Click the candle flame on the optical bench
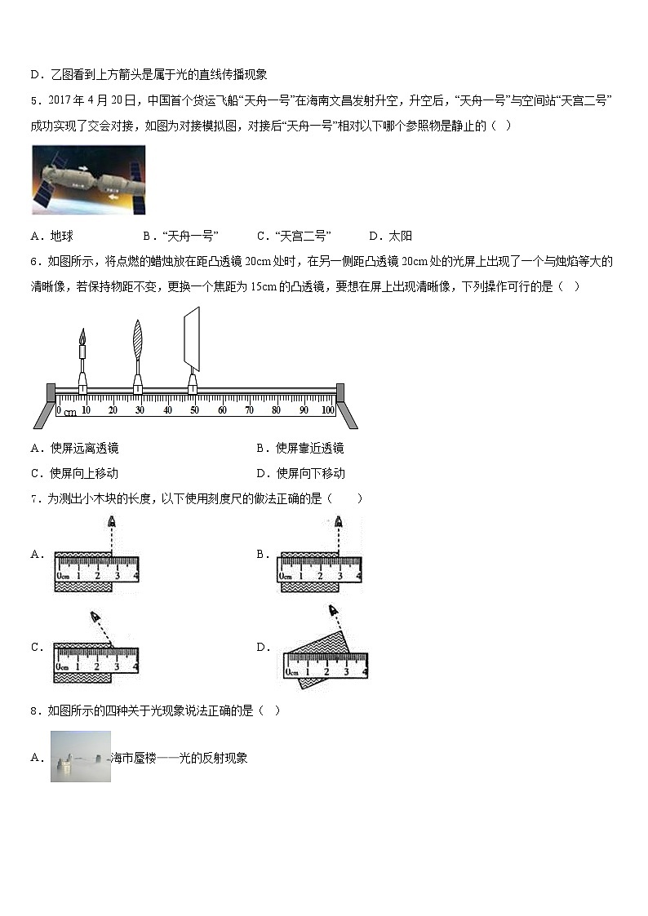[x=82, y=337]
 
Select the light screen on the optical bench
[x=192, y=339]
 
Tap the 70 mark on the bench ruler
[x=249, y=410]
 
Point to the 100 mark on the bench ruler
[x=328, y=410]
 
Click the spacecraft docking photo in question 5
[x=89, y=180]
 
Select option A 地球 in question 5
[x=52, y=236]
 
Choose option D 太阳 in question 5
[x=391, y=236]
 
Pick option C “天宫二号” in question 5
[x=294, y=236]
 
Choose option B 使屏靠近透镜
[x=300, y=448]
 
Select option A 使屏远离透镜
[x=75, y=448]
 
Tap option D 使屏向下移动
[x=300, y=473]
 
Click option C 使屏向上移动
[x=75, y=473]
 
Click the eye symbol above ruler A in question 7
[x=112, y=521]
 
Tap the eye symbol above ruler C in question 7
[x=95, y=617]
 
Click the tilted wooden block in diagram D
[x=316, y=658]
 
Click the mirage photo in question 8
[x=81, y=756]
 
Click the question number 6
[x=36, y=262]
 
